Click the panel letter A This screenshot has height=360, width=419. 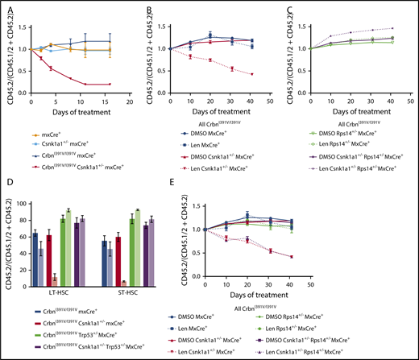pos(6,6)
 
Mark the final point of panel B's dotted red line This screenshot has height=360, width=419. pos(252,74)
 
